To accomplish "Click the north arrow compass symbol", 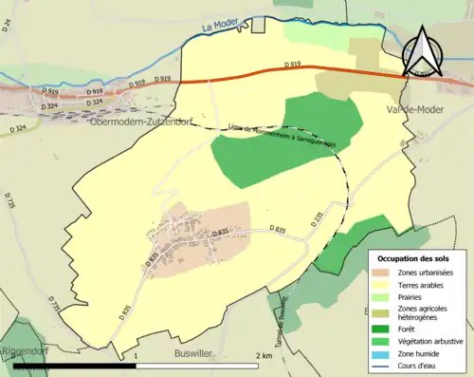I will (x=423, y=50).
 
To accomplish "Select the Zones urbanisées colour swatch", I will (x=382, y=273).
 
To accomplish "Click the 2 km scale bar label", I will (x=264, y=355).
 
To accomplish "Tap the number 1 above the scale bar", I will (x=137, y=355).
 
